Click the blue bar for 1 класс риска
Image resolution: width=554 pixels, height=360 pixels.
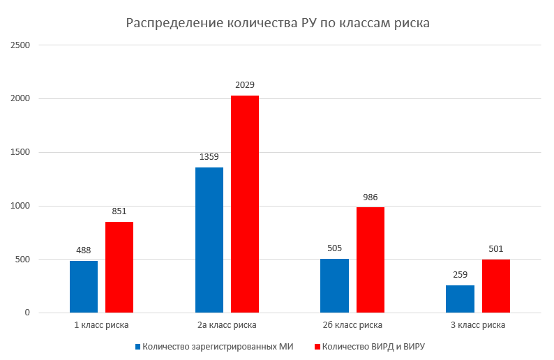coord(84,287)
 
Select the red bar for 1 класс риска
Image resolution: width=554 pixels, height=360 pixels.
coord(119,267)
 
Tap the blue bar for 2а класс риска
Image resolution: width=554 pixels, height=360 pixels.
coord(209,240)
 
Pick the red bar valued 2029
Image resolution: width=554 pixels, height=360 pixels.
coord(245,204)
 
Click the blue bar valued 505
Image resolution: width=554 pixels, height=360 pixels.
coord(334,286)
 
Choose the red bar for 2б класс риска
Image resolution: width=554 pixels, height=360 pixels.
coord(370,260)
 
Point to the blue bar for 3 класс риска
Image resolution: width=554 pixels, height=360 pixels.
coord(460,299)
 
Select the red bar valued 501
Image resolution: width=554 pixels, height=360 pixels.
coord(496,286)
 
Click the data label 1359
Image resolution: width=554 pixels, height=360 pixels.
coord(209,157)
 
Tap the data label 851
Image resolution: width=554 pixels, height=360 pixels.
coord(119,211)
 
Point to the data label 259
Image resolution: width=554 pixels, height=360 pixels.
coord(460,275)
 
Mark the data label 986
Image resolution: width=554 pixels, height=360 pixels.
coord(370,197)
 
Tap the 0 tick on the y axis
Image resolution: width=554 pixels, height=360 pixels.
coord(27,313)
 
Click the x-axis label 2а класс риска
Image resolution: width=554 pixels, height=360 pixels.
coord(227,325)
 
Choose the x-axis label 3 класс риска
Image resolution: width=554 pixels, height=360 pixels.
coord(478,325)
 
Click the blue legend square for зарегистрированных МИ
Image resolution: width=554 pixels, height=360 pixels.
coord(137,346)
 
